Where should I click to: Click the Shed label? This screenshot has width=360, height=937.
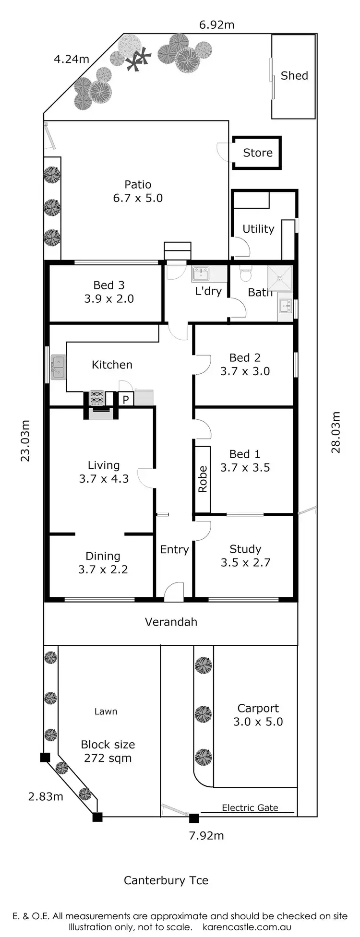[x=294, y=76]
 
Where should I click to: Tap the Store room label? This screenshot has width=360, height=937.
[x=258, y=153]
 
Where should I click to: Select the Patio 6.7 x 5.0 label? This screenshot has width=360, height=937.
[x=138, y=191]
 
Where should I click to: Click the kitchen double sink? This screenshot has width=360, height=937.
[x=58, y=367]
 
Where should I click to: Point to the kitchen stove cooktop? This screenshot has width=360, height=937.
[x=97, y=398]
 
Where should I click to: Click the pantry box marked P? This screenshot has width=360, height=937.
[x=126, y=399]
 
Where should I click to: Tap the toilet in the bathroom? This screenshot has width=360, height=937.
[x=246, y=274]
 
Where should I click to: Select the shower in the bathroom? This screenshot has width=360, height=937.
[x=280, y=278]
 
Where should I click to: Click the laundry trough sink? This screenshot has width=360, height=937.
[x=201, y=274]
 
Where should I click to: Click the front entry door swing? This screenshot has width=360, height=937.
[x=174, y=592]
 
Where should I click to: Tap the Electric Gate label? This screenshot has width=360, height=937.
[x=250, y=808]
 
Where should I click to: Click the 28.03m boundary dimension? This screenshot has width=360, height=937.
[x=336, y=432]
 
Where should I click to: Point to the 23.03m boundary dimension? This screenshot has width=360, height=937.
[x=25, y=440]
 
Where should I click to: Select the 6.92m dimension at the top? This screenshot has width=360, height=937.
[x=217, y=25]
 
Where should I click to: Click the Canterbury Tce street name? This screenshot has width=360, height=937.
[x=166, y=880]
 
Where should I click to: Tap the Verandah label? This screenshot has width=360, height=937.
[x=171, y=622]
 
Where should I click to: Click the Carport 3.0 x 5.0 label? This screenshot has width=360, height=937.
[x=258, y=715]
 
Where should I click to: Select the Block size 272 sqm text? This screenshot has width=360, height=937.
[x=108, y=751]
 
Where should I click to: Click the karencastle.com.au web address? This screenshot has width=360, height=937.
[x=247, y=927]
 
